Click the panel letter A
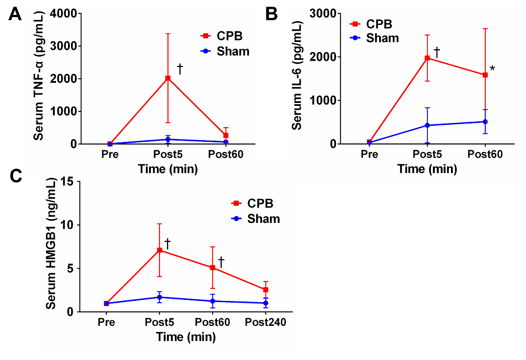pyautogui.click(x=15, y=14)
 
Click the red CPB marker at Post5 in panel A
pyautogui.click(x=167, y=78)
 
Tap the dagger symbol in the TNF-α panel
pyautogui.click(x=180, y=68)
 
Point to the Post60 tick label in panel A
pyautogui.click(x=225, y=155)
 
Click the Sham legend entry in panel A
pyautogui.click(x=233, y=51)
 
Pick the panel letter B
pyautogui.click(x=272, y=14)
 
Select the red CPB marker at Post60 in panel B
pyautogui.click(x=485, y=75)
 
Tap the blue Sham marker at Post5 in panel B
pyautogui.click(x=427, y=125)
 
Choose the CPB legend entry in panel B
pyautogui.click(x=379, y=24)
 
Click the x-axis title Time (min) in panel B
pyautogui.click(x=427, y=169)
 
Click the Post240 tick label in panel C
pyautogui.click(x=266, y=323)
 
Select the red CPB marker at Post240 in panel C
pyautogui.click(x=266, y=289)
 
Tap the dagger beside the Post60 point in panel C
pyautogui.click(x=221, y=262)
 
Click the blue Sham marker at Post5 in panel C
pyautogui.click(x=160, y=297)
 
